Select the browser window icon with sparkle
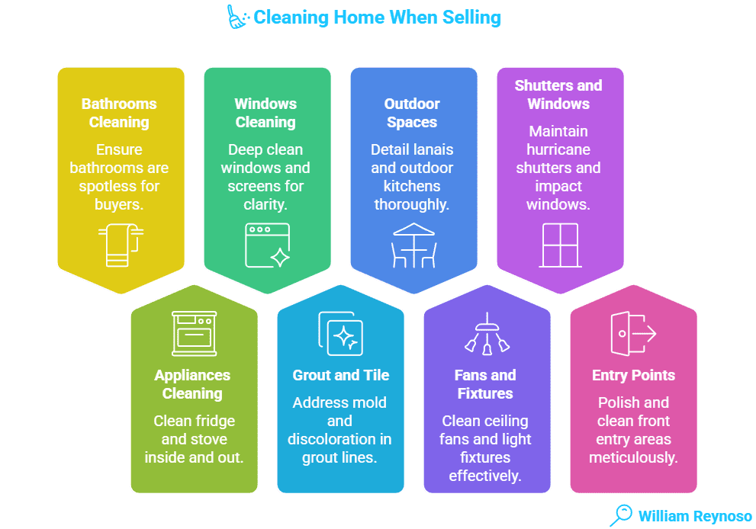point(267,245)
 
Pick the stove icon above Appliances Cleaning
point(193,332)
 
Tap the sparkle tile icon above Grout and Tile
point(339,333)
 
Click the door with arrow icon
point(632,333)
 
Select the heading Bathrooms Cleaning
point(119,113)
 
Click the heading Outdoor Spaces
point(413,113)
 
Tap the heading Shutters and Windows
point(558,95)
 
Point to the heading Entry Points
point(633,375)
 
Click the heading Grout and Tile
point(340,375)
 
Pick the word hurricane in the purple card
point(558,149)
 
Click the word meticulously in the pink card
point(633,457)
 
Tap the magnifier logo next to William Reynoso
point(621,515)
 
